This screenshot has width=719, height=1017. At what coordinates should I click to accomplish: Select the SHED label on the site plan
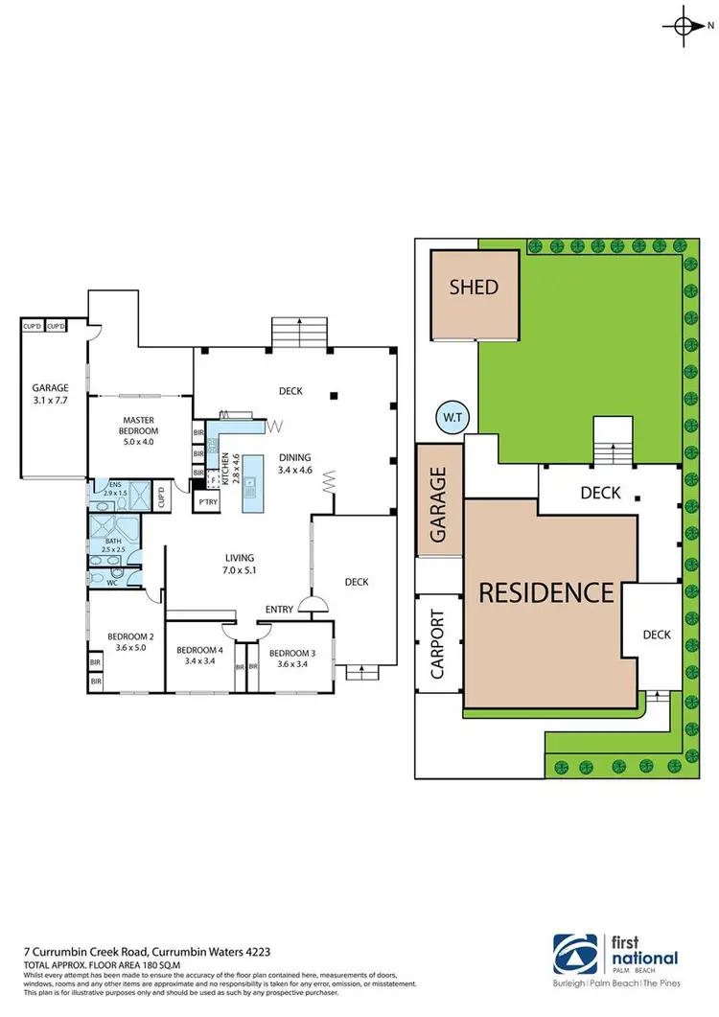(474, 288)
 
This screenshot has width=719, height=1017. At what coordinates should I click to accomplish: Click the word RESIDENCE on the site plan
(545, 591)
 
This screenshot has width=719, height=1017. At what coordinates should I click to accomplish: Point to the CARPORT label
(436, 644)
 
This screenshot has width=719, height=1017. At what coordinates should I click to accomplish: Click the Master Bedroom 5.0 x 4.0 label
(139, 426)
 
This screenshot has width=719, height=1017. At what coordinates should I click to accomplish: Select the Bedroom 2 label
(131, 642)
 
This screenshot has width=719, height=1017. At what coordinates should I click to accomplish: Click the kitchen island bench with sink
(251, 481)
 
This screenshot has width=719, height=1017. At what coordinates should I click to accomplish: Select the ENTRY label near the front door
(280, 610)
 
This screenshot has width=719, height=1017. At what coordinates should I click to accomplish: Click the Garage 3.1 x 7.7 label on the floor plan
(49, 394)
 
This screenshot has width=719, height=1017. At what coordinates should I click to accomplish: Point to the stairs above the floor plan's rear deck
(300, 333)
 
